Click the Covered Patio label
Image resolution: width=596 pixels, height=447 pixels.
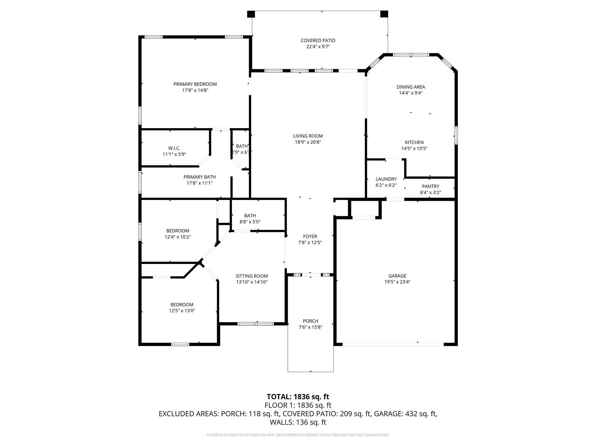point(318,40)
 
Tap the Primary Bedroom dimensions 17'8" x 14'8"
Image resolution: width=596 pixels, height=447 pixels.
point(195,91)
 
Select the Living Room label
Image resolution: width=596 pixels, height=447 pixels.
point(308,136)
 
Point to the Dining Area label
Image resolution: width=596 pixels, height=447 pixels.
point(411,87)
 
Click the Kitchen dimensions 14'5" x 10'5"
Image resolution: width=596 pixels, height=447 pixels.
point(414,148)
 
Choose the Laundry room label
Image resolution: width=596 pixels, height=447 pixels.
point(386,179)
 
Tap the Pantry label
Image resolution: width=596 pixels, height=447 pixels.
point(430,186)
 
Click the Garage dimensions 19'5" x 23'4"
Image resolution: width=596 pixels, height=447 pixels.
point(397,282)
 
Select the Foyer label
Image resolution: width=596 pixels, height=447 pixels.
point(310,236)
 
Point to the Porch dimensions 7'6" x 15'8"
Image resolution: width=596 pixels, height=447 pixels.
point(311,327)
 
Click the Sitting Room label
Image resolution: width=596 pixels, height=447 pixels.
point(251,276)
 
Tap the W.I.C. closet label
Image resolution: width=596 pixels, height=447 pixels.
point(174,148)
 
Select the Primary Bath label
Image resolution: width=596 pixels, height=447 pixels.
point(199,177)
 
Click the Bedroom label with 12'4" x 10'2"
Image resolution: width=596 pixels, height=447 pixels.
point(178,231)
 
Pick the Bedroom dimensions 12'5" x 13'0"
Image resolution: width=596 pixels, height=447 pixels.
point(182,311)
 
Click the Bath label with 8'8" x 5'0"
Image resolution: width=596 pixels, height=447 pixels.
point(250,216)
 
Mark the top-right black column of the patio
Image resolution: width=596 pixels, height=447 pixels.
point(384,14)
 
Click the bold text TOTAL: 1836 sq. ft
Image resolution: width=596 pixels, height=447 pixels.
point(298,397)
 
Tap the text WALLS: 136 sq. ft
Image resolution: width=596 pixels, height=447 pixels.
point(298,422)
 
